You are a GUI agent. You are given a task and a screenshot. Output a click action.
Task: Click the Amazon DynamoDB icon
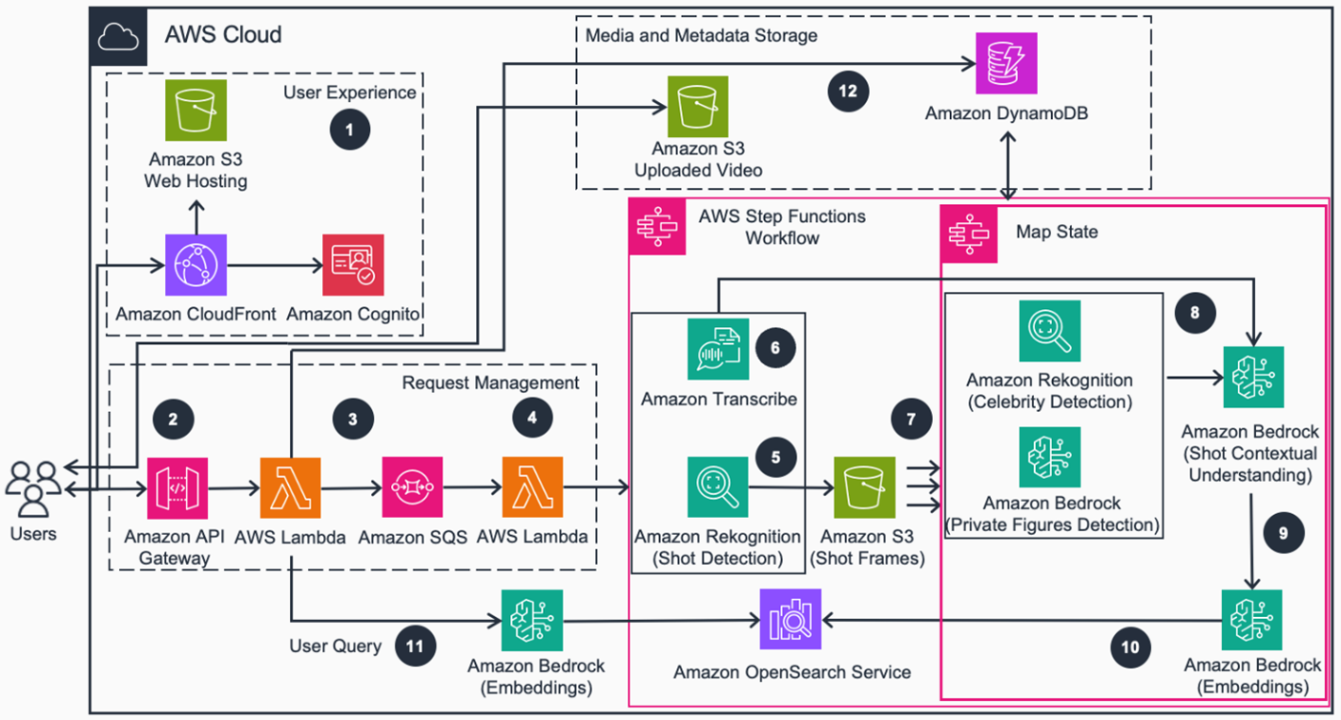[1007, 63]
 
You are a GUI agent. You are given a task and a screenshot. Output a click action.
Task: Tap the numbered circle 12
[847, 91]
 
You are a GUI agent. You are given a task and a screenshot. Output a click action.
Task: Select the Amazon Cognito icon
[353, 267]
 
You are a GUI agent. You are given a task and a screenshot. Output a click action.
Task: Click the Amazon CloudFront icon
[195, 267]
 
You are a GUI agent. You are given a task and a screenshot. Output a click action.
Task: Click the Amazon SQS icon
[413, 488]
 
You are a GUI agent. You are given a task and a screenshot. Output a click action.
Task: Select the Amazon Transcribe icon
[718, 349]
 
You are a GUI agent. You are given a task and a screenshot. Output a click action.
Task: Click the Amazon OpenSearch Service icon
[791, 620]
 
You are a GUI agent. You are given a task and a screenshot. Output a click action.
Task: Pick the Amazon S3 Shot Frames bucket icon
[863, 488]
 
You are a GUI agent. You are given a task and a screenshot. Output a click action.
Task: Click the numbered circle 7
[911, 420]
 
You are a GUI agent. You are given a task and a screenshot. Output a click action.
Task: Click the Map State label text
[1056, 231]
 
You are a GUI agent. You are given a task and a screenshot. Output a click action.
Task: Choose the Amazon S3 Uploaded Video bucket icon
[698, 107]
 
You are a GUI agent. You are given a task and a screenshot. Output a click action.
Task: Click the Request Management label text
[490, 383]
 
